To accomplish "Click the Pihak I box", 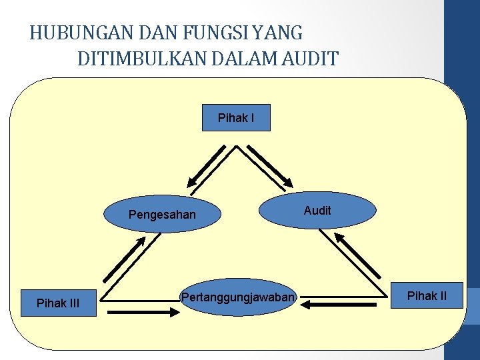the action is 236,118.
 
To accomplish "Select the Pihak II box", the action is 427,295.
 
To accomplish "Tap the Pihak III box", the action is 58,303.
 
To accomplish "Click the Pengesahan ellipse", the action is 162,214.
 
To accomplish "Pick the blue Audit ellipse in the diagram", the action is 317,210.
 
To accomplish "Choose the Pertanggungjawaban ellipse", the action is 237,297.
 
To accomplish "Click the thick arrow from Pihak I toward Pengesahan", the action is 207,165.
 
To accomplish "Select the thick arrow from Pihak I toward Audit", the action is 267,165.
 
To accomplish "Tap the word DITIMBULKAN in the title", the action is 137,59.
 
